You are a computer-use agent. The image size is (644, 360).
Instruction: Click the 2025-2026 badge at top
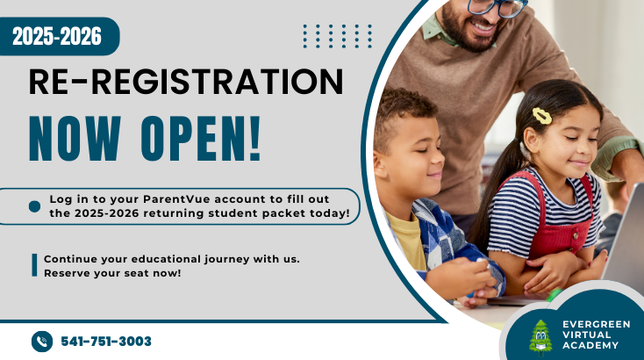[57, 36]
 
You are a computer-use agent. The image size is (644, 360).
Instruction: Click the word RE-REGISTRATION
[186, 82]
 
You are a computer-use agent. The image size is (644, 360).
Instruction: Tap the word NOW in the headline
[75, 139]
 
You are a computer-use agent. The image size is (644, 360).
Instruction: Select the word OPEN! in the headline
[201, 139]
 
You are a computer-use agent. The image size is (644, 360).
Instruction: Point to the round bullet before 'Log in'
[34, 206]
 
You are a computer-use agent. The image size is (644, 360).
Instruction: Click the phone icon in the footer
[42, 342]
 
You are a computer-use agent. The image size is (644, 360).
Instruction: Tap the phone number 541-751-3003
[106, 342]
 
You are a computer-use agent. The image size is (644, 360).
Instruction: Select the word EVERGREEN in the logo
[597, 324]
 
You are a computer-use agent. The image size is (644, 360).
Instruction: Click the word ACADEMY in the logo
[590, 346]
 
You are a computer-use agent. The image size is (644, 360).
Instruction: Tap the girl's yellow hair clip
[542, 116]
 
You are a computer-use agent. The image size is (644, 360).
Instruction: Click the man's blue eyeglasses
[497, 7]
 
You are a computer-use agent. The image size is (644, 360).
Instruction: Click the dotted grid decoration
[338, 36]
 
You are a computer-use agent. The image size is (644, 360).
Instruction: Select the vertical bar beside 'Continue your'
[34, 265]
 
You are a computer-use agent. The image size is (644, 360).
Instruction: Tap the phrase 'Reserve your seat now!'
[112, 273]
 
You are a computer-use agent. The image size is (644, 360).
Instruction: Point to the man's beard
[469, 32]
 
